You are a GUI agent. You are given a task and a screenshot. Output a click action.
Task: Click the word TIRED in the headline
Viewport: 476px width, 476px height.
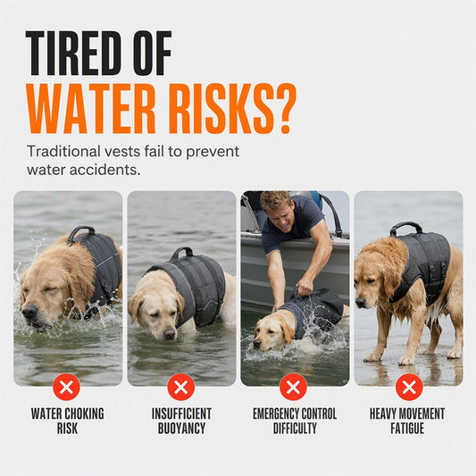71,53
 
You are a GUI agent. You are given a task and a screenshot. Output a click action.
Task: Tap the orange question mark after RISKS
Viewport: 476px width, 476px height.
285,108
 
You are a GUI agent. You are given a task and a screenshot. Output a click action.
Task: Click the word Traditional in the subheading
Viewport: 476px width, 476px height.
63,151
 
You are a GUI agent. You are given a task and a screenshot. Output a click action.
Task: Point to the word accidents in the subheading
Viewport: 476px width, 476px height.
105,170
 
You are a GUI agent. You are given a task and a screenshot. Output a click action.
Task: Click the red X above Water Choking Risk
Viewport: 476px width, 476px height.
66,387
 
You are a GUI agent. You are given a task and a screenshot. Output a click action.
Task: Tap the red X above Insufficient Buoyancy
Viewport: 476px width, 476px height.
181,387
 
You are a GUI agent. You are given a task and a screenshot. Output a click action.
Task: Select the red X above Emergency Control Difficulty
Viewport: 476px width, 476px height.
293,387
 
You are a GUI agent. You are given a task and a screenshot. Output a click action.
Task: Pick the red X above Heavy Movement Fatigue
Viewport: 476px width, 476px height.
409,387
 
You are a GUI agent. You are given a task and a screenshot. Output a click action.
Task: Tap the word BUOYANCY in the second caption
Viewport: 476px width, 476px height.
181,429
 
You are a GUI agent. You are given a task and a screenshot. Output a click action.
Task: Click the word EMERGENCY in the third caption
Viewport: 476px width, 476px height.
276,413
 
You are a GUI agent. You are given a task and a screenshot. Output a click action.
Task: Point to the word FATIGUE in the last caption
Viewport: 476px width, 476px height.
407,429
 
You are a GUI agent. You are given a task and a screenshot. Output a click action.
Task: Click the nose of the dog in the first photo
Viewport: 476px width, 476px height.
29,311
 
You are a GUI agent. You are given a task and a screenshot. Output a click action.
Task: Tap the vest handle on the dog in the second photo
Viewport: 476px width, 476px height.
182,253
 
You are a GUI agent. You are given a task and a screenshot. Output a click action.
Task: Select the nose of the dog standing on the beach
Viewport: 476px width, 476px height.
360,302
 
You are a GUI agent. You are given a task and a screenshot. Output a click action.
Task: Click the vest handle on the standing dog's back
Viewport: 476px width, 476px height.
405,227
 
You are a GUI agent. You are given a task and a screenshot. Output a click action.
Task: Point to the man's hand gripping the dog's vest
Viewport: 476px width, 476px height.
305,287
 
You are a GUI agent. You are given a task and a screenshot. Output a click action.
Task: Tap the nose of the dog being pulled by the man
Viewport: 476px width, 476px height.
257,344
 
